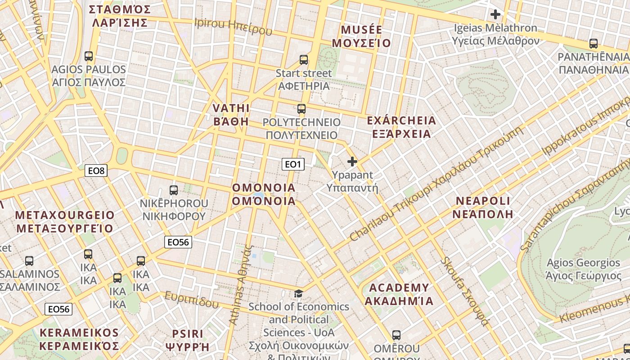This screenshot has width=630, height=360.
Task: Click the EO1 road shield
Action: pos(293,164)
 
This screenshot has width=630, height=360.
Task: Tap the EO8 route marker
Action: pos(96,171)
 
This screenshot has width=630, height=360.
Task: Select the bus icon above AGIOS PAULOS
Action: pos(89,56)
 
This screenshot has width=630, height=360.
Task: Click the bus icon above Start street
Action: pos(304,60)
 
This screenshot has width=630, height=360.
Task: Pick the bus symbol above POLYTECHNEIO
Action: pos(301,109)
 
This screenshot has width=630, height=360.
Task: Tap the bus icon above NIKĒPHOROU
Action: pos(174,190)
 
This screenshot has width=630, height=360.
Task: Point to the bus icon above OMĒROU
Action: pos(396,335)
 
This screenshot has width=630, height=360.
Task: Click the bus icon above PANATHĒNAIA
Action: pos(594,44)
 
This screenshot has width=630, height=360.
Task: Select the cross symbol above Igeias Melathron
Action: pos(495,14)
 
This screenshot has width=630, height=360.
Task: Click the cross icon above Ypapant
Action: pos(352,161)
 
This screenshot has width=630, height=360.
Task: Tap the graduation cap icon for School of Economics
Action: pos(298,294)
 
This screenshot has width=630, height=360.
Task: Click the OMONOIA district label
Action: pos(264,194)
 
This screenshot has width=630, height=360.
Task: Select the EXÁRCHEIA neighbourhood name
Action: pos(401,127)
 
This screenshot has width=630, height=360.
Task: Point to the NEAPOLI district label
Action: pos(483,207)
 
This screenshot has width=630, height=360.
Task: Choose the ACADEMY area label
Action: pos(399,294)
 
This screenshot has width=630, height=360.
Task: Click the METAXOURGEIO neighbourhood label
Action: pos(65,221)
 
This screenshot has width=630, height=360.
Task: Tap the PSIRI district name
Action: pos(188,340)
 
